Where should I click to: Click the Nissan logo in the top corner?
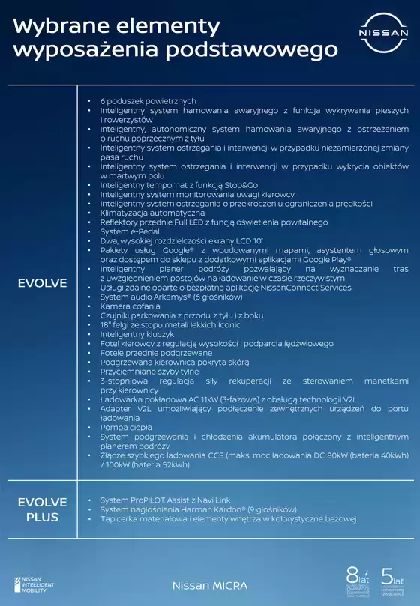coord(383,34)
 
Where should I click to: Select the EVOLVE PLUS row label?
coord(43,509)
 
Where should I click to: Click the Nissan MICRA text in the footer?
coord(209,584)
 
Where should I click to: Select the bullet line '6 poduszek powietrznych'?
coord(148,100)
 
